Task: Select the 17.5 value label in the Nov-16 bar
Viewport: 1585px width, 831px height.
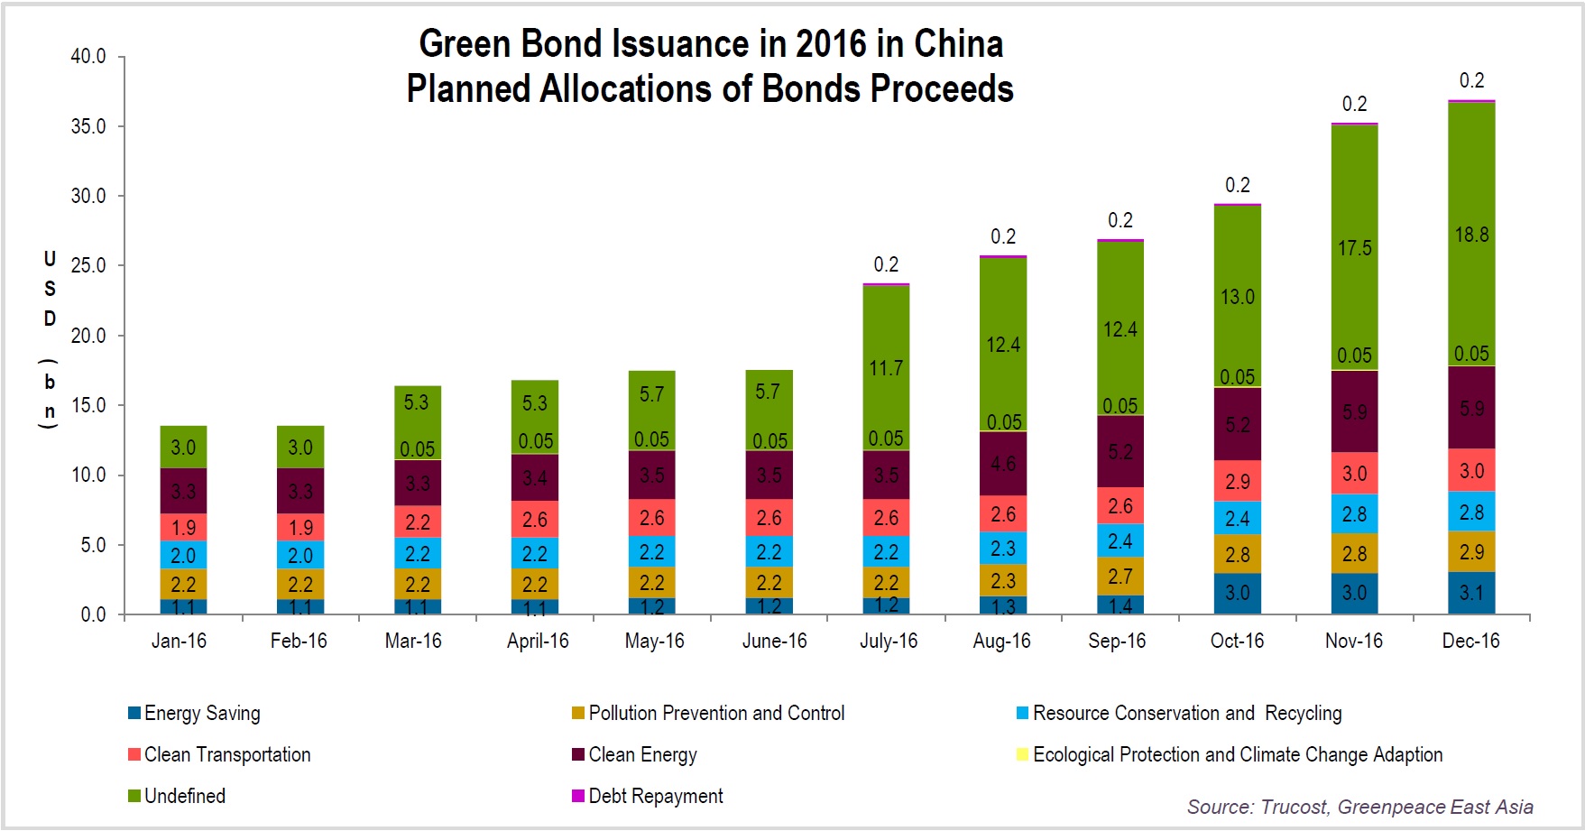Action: click(1354, 248)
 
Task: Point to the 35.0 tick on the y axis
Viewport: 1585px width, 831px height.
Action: click(88, 126)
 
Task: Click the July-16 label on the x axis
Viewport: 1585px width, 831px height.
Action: click(889, 642)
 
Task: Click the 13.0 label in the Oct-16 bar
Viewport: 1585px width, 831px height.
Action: click(1237, 297)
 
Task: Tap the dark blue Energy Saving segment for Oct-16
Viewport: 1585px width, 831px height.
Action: click(1237, 594)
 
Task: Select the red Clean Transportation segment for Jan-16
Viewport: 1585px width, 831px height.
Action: click(183, 527)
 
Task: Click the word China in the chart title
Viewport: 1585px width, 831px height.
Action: click(958, 44)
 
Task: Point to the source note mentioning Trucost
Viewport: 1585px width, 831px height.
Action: click(1359, 807)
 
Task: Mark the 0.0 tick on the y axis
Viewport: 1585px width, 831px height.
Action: click(93, 615)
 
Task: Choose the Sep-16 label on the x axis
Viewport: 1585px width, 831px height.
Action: click(1117, 642)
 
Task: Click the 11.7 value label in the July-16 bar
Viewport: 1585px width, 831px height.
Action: click(886, 368)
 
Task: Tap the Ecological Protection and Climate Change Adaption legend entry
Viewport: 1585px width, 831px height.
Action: click(1237, 755)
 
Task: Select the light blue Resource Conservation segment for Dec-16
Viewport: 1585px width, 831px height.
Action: click(1471, 512)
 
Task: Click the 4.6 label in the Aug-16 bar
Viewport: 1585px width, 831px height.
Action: click(1003, 464)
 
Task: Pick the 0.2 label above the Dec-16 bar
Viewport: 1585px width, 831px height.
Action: click(1471, 81)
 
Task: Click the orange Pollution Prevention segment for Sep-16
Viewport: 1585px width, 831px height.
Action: click(1120, 576)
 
